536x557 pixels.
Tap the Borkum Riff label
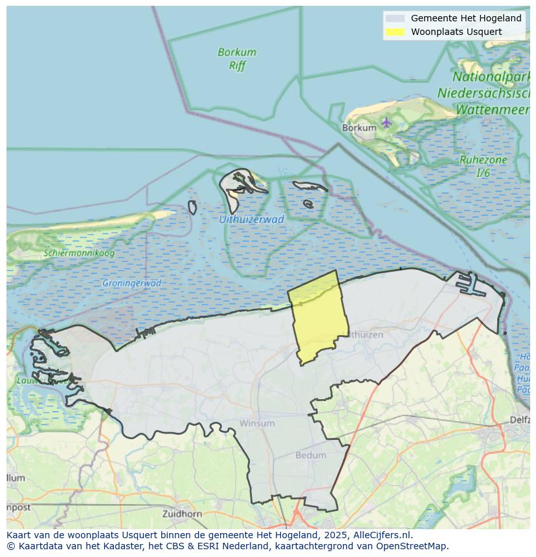point(237,59)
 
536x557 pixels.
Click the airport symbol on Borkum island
point(386,122)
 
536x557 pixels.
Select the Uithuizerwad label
point(251,219)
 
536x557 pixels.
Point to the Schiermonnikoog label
point(79,253)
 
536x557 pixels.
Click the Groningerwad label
point(131,283)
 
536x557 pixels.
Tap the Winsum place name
point(257,423)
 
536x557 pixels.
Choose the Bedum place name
point(311,455)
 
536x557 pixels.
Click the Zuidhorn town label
point(183,514)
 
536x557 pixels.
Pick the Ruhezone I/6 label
point(483,166)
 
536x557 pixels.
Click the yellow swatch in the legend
point(395,32)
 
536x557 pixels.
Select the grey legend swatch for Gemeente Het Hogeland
point(395,19)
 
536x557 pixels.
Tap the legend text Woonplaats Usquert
point(456,32)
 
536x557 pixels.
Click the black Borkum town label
point(359,128)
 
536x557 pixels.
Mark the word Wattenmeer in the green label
point(493,109)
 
